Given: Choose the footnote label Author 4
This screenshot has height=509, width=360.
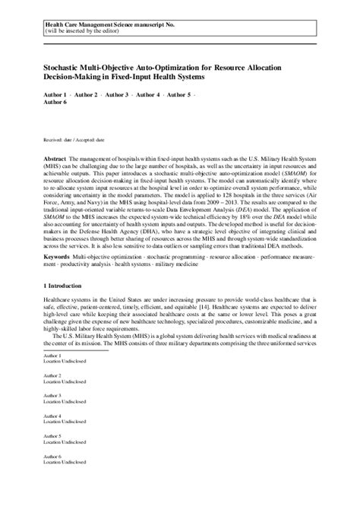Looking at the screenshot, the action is pos(53,437).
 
